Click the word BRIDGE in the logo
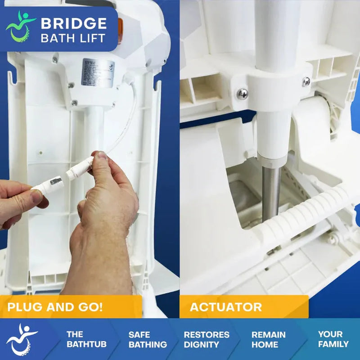tap(74, 23)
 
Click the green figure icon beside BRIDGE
tap(21, 26)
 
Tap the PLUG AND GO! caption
tap(55, 308)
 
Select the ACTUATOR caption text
tap(225, 308)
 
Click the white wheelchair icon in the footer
tap(22, 339)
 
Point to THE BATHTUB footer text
tap(80, 339)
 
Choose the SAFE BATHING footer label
tap(147, 339)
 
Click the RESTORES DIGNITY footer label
tap(207, 339)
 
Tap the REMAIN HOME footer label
tap(269, 339)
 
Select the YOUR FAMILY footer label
tap(333, 339)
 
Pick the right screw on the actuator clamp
tap(306, 81)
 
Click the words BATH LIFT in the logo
tap(74, 37)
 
